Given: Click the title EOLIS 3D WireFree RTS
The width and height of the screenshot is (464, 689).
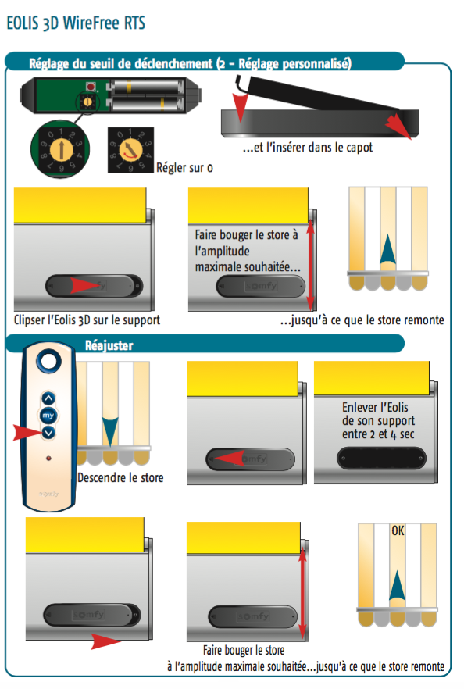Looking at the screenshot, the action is coord(76,23).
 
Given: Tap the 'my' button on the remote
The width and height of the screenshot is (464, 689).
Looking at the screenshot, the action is coord(48,416).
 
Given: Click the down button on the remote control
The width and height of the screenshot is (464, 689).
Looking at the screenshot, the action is coord(48,433).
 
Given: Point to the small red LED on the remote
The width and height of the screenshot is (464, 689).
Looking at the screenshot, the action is coord(48,459).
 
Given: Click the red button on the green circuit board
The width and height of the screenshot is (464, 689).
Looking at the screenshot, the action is coord(91,86).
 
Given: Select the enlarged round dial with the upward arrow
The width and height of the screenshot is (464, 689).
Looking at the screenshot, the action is coord(60,149).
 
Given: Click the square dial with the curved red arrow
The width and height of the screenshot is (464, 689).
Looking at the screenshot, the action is coord(130,150).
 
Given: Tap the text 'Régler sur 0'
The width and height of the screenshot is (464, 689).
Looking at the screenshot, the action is coord(184,167).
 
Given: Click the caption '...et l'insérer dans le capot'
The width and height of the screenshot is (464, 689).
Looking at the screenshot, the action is coord(308,147).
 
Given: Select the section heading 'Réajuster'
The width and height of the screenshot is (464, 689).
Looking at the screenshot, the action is coord(109,345).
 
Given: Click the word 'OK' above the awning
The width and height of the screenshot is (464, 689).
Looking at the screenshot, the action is coord(398,531).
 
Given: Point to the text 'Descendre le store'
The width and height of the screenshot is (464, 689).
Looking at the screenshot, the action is coord(120,477).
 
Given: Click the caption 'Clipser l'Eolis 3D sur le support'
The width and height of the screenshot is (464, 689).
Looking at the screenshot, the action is coord(87,320).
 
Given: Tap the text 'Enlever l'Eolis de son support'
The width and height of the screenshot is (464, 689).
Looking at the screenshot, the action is coord(378,413).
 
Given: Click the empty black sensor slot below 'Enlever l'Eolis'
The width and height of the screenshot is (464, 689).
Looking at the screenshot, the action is coord(381,459).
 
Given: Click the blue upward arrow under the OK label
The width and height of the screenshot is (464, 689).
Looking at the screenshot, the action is coord(397,585).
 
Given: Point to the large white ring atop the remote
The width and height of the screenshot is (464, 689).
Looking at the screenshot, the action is coord(48,361).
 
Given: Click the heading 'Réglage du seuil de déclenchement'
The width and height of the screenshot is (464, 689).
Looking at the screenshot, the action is coord(120,64).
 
